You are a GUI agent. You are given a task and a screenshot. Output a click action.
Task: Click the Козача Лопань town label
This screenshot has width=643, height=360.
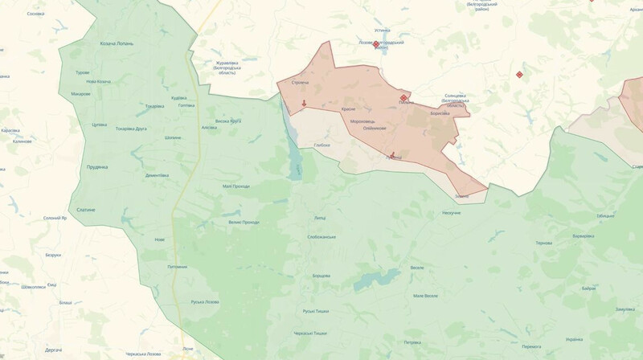pos(117,43)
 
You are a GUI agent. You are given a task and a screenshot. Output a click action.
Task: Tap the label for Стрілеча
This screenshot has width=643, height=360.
pos(300,83)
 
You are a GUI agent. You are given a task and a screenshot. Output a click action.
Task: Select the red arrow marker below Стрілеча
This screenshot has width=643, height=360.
pos(304,103)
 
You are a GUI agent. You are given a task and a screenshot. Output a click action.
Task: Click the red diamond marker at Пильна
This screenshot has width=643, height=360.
pos(403,98)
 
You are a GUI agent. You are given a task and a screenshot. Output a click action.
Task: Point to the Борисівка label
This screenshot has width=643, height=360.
pos(440,113)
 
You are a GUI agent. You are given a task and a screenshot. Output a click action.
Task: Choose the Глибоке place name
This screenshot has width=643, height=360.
pos(322,145)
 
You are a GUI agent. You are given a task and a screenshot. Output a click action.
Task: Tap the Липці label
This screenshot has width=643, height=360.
pos(320,218)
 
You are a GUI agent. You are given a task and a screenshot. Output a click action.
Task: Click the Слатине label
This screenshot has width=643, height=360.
pos(86,210)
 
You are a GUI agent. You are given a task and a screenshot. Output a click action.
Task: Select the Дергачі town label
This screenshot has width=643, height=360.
pos(54,350)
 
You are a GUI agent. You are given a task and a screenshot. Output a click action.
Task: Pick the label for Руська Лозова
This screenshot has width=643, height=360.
pos(204,301)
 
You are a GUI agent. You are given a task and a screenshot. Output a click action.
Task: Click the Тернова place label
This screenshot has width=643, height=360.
pos(544,243)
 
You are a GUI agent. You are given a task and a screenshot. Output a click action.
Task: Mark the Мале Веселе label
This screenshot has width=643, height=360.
pos(425,296)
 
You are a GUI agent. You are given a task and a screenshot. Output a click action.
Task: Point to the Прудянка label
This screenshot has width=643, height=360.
pos(97,167)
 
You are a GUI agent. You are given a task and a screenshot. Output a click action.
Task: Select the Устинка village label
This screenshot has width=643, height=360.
pos(383,31)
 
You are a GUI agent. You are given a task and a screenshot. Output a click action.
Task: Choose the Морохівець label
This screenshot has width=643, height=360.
pos(362,121)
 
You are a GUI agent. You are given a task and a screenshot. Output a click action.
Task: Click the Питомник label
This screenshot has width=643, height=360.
pos(178,267)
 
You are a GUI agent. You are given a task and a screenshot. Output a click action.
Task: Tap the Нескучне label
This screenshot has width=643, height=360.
pos(451,213)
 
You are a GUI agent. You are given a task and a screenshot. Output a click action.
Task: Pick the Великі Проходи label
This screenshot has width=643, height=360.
pos(244,222)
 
